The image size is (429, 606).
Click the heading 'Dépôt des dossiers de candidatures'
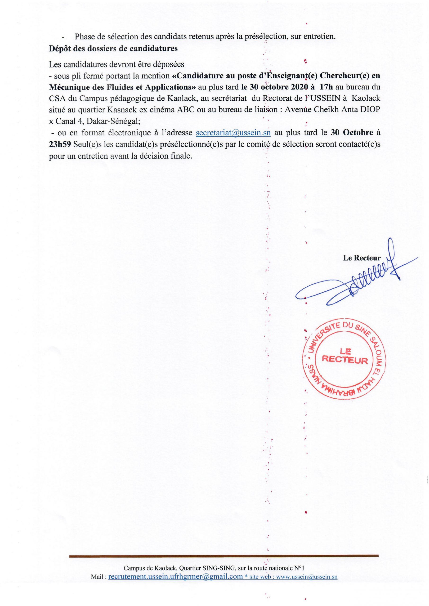coord(113,49)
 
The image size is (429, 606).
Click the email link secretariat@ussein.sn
coord(233,133)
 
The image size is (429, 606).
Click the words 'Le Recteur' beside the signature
coord(362,258)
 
